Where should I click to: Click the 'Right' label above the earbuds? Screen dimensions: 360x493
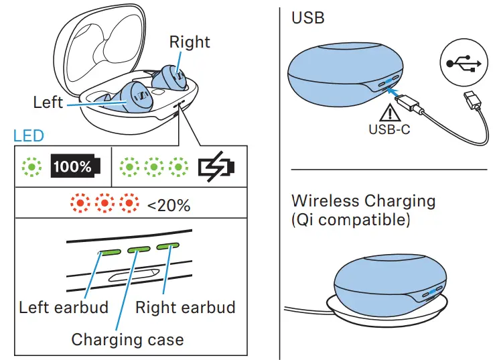pyautogui.click(x=190, y=42)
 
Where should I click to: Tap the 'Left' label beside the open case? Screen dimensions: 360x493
pyautogui.click(x=48, y=102)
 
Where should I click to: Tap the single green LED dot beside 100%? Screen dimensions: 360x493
pyautogui.click(x=31, y=166)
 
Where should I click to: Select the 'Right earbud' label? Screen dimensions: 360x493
pyautogui.click(x=186, y=308)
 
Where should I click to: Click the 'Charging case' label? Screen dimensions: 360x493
pyautogui.click(x=127, y=339)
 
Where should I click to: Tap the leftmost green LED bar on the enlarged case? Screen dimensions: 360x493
pyautogui.click(x=109, y=253)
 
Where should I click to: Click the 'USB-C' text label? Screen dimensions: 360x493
pyautogui.click(x=389, y=129)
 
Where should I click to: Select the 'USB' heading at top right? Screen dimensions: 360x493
pyautogui.click(x=308, y=17)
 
